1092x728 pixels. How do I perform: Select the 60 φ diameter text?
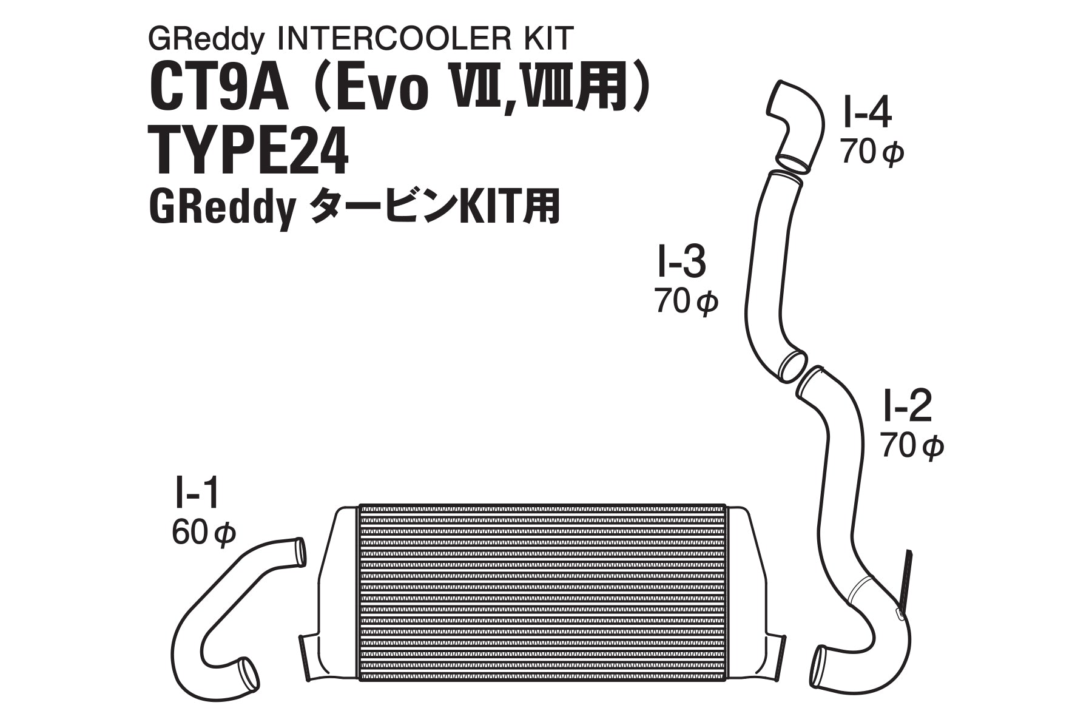[x=203, y=534]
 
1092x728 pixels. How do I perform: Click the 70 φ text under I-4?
[x=872, y=152]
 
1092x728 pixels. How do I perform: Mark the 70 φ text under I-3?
[x=686, y=301]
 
